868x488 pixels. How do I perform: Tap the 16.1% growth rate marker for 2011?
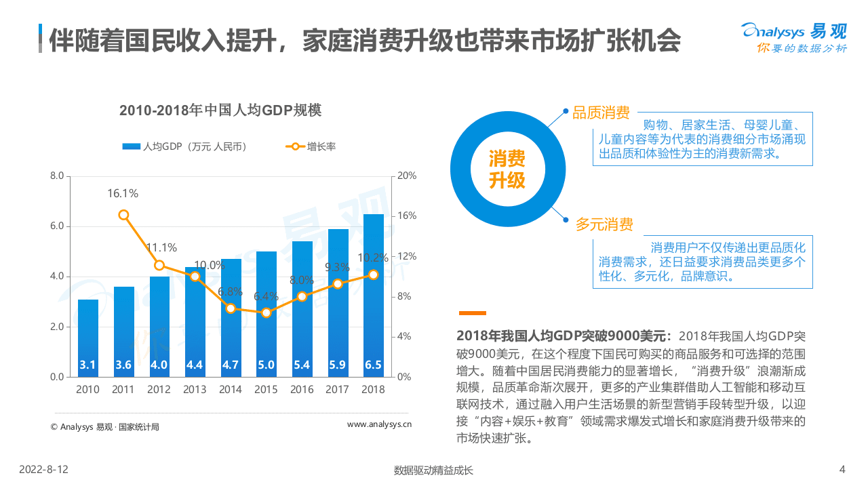click(x=123, y=215)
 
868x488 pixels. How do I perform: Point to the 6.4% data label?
click(x=266, y=296)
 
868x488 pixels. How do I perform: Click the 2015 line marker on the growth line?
click(x=266, y=313)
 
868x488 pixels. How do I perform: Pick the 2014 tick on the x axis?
click(x=231, y=390)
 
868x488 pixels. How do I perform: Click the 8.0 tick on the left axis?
click(x=57, y=176)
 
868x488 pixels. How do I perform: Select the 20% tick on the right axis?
click(x=406, y=176)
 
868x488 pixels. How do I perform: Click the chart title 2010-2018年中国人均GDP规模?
click(x=220, y=110)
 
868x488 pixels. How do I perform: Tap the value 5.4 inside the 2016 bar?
click(x=302, y=365)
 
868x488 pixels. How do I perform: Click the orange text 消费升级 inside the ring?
click(x=507, y=169)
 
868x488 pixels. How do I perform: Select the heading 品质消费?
click(x=601, y=113)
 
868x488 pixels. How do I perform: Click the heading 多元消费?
click(x=604, y=224)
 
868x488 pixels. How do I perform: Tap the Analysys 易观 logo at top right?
click(x=793, y=37)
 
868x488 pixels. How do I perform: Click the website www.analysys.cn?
click(x=379, y=425)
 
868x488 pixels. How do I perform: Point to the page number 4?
click(x=842, y=470)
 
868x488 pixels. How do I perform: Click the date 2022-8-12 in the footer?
click(x=43, y=470)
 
